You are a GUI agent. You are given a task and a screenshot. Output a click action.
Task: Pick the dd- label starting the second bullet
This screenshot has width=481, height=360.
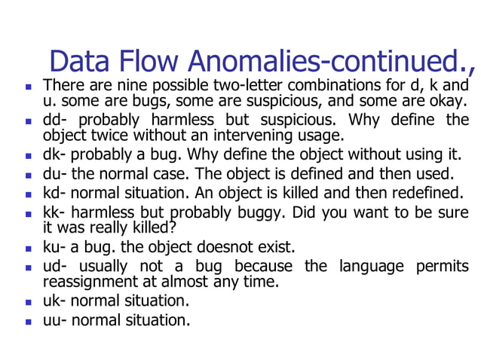click(55, 120)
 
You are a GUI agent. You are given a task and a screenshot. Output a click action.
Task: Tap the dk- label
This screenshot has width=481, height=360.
click(55, 156)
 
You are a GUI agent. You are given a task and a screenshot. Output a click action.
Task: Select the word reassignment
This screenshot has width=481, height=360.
click(87, 282)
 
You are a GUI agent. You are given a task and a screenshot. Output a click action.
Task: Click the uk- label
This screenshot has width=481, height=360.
click(55, 301)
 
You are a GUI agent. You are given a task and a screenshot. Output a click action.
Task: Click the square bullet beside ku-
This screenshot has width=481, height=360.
click(28, 248)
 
